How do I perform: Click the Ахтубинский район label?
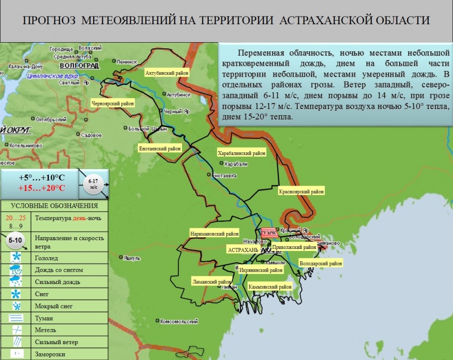[x=167, y=73]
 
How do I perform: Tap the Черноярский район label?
[x=112, y=103]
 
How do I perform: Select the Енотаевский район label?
[x=160, y=149]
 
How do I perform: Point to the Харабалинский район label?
[x=242, y=153]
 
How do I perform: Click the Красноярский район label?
[x=301, y=192]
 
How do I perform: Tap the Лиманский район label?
[x=211, y=282]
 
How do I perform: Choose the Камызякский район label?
[x=269, y=286]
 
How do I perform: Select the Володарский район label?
[x=320, y=263]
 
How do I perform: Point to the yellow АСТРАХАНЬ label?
[x=243, y=249]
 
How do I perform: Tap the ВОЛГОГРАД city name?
[x=79, y=66]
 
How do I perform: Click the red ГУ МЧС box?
[x=268, y=233]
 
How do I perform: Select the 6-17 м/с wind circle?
[x=93, y=184]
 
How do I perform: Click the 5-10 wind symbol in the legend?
[x=16, y=240]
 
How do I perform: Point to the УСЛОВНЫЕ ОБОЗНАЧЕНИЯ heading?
[x=54, y=206]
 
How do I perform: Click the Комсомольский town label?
[x=178, y=321]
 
